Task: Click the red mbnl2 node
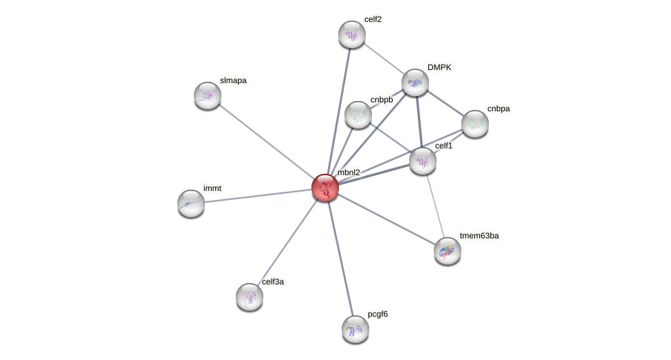tap(324, 187)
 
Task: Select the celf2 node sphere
tap(351, 34)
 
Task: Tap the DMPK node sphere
tap(415, 82)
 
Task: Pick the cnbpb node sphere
tap(357, 115)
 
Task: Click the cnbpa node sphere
tap(474, 124)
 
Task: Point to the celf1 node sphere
tap(423, 161)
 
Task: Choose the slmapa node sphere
tap(208, 95)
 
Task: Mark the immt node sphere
tap(191, 203)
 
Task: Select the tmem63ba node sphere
tap(447, 251)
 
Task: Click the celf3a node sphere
tap(250, 297)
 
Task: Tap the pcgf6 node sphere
tap(355, 328)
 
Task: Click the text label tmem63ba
tap(483, 236)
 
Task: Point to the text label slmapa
tap(233, 80)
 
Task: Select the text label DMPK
tap(439, 67)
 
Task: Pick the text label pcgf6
tap(377, 314)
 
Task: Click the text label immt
tap(212, 188)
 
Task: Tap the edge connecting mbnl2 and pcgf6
tap(340, 258)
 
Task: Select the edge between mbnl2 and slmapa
tap(266, 141)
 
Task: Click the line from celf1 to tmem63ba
tap(434, 205)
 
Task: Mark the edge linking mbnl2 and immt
tap(258, 195)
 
